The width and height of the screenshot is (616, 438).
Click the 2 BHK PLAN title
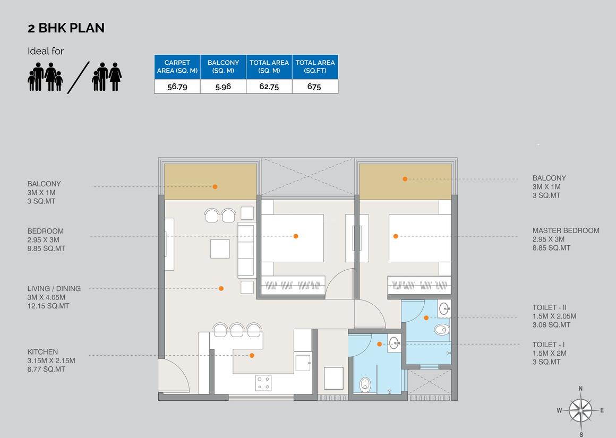coord(66,28)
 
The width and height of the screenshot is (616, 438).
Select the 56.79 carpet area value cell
coord(177,87)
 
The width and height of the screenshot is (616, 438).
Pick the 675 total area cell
coord(314,87)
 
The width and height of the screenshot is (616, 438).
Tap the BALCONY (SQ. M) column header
coord(223,66)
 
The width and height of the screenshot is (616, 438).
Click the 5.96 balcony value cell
coord(223,87)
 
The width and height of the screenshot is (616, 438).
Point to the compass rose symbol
coord(580,410)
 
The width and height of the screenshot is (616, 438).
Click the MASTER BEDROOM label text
coord(566,230)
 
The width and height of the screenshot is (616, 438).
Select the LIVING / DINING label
coord(54,289)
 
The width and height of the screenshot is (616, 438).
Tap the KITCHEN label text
coord(43,352)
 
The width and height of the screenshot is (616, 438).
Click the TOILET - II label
coord(550,307)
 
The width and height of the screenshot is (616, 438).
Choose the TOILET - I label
coord(549,345)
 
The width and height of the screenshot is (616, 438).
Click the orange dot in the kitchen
coord(252,356)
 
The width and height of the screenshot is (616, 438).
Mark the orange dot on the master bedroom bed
coord(396,236)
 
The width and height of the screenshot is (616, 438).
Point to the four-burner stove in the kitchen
coord(263,383)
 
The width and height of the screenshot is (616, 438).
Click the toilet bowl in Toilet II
coord(441,330)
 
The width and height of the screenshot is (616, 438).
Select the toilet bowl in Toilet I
coord(365,383)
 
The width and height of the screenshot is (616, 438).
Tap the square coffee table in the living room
coord(220,248)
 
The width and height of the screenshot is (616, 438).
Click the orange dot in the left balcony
coord(215,187)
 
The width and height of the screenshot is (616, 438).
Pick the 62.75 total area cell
coord(269,87)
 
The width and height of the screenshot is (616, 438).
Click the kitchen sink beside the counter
coord(303,363)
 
